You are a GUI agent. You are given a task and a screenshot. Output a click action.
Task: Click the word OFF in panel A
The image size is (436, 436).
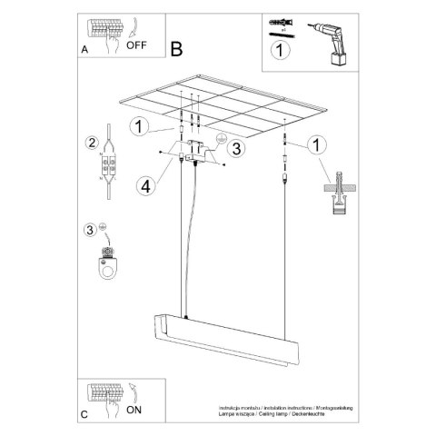[137, 43]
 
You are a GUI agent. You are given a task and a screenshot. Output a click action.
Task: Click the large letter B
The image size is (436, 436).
[176, 48]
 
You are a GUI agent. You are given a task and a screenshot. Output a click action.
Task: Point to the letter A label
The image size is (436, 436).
[84, 51]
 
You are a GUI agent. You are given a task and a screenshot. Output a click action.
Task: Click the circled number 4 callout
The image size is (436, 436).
[144, 187]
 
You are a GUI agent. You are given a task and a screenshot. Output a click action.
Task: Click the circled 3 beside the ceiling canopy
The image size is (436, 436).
[234, 148]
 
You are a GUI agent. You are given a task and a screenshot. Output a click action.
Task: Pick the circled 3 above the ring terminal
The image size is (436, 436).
[89, 229]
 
